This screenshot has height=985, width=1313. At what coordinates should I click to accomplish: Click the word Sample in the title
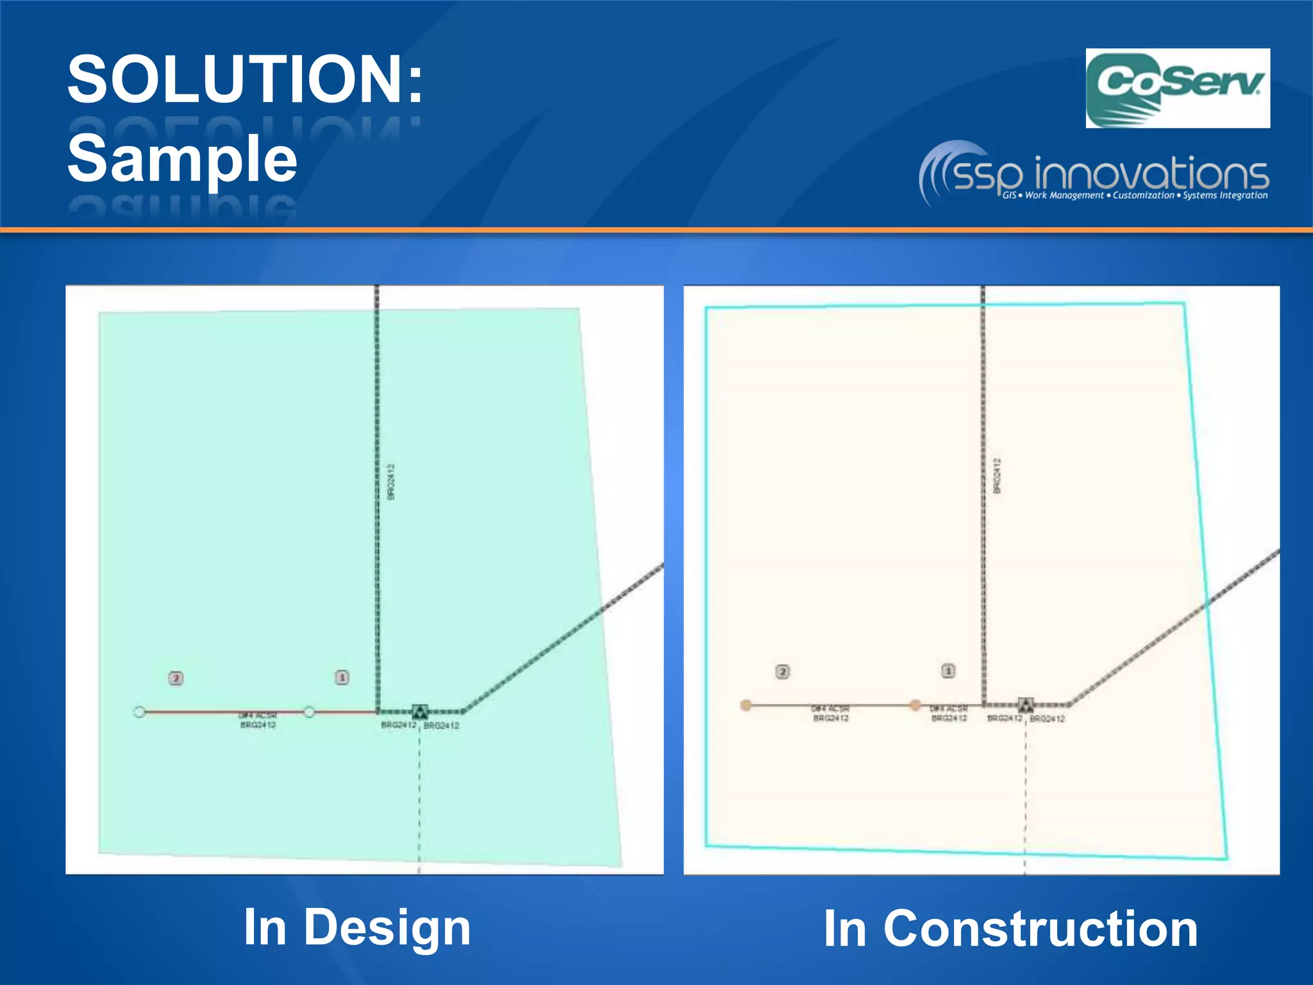tap(182, 158)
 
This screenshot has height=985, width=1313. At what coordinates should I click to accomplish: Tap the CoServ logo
tap(1177, 88)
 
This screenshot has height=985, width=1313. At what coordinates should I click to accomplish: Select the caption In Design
tap(357, 927)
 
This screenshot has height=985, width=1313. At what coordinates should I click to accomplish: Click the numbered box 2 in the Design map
tap(176, 678)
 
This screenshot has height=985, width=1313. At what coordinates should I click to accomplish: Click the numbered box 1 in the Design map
tap(342, 677)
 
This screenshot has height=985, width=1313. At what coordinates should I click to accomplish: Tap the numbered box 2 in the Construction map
tap(782, 671)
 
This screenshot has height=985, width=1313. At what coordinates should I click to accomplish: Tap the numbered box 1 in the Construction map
tap(948, 671)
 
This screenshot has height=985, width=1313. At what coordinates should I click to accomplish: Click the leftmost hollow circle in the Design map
tap(139, 712)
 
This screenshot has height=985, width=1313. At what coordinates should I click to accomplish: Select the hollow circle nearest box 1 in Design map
tap(309, 712)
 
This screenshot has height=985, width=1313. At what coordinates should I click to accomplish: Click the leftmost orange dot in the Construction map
tap(746, 705)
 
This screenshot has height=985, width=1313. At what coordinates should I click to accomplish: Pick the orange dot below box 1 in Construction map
tap(916, 705)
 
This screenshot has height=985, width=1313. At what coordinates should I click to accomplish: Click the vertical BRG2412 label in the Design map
tap(392, 482)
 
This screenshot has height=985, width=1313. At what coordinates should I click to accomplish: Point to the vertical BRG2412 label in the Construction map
tap(997, 476)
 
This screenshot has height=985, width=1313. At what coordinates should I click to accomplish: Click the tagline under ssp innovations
tap(1135, 196)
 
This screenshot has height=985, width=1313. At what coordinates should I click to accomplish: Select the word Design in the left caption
tap(387, 927)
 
